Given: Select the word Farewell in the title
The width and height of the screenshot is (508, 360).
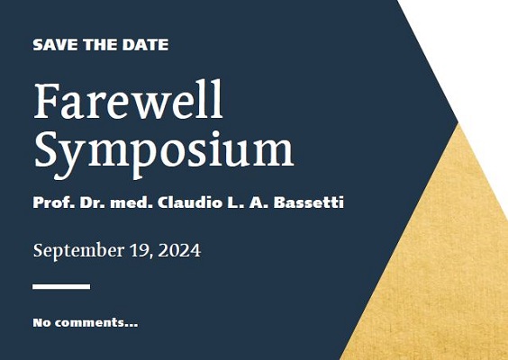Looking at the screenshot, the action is click(128, 99).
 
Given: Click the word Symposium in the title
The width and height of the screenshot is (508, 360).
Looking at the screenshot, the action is click(164, 154).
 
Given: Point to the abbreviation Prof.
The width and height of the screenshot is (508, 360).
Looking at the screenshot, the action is click(54, 202).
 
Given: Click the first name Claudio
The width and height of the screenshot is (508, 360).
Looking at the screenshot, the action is click(190, 202).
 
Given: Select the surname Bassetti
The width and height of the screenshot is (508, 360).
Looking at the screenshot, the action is click(309, 202).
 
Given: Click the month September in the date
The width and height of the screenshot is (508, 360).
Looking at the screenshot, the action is click(78, 251).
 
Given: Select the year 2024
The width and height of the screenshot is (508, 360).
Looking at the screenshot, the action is click(179, 250).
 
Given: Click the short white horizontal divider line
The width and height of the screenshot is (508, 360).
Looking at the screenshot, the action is click(61, 286).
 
